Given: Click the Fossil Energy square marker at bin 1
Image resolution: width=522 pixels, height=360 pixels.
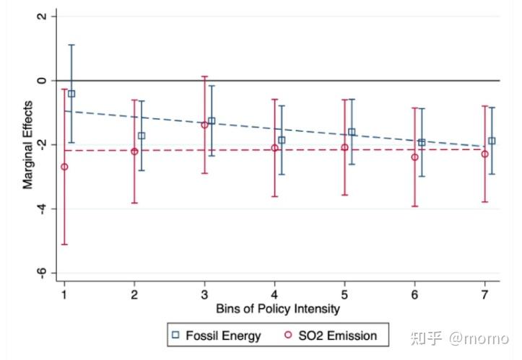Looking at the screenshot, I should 71,94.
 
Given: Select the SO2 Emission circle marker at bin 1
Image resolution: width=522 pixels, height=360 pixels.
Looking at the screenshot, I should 64,167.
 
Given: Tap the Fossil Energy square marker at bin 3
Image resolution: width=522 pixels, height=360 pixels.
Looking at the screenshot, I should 212,120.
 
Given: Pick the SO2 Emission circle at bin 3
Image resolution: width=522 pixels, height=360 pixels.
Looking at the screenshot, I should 204,125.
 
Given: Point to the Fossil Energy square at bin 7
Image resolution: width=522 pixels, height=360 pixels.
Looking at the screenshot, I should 492,141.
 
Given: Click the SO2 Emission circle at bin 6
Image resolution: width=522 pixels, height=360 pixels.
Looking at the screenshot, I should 414,157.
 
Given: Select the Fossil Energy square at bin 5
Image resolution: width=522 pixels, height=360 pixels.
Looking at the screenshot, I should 352,132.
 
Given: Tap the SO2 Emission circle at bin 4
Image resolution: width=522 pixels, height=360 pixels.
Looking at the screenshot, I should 274,148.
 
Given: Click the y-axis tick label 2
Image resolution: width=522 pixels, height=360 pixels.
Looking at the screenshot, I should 41,17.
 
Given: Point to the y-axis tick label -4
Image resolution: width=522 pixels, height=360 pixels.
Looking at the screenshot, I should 40,208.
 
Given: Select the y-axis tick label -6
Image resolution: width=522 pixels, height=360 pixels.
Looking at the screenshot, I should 40,273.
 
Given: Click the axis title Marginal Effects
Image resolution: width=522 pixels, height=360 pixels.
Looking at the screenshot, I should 27,144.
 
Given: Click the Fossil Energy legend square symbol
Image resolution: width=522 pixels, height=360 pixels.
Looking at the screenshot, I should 175,335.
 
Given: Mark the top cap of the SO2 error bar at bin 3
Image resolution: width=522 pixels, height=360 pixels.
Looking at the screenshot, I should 204,76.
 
